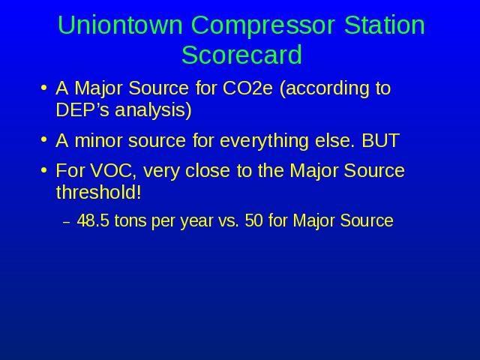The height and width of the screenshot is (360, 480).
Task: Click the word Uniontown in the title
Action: click(x=120, y=25)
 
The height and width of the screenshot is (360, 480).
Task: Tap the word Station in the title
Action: click(x=385, y=25)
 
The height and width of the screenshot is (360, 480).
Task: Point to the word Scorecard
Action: click(x=241, y=55)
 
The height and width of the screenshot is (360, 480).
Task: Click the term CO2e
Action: click(x=247, y=88)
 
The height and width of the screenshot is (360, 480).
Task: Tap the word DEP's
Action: click(x=82, y=109)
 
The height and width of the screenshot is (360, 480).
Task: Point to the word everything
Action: click(x=264, y=142)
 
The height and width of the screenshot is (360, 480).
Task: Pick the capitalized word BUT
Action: click(x=380, y=141)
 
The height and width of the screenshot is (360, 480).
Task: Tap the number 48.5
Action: click(x=93, y=220)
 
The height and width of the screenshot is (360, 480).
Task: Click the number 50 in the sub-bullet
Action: click(x=253, y=220)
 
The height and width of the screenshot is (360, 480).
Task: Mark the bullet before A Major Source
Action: click(x=44, y=88)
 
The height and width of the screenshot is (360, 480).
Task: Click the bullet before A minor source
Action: click(x=44, y=140)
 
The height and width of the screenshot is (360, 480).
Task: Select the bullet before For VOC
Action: click(x=44, y=170)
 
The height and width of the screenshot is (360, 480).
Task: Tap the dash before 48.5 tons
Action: click(x=66, y=222)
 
